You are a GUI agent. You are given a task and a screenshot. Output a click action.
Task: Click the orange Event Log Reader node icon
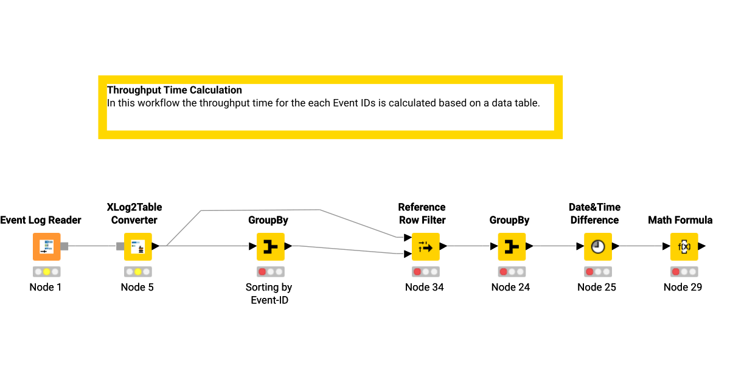(46, 246)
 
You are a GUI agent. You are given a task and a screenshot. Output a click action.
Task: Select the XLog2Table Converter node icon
(137, 246)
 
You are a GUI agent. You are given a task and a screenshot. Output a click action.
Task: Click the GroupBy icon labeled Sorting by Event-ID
(270, 246)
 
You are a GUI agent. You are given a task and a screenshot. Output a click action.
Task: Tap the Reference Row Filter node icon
(425, 246)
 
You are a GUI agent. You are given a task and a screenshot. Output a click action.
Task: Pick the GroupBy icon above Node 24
(512, 246)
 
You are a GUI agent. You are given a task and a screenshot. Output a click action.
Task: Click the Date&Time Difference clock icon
(598, 246)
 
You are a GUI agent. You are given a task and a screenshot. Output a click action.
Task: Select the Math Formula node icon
(684, 246)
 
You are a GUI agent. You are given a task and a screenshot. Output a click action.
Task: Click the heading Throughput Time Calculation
(175, 90)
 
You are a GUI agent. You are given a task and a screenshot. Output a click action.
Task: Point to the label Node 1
(46, 287)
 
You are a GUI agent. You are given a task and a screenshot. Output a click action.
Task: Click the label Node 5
(137, 287)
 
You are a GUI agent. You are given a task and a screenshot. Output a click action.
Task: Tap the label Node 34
(425, 287)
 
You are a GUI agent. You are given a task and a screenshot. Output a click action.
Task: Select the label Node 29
(683, 287)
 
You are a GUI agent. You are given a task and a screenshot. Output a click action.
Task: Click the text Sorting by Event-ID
(269, 293)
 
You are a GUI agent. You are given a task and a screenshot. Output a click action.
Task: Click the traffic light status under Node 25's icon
(597, 272)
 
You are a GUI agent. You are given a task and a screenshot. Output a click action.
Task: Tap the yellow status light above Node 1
(46, 272)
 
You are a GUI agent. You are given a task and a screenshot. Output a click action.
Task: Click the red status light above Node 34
(417, 272)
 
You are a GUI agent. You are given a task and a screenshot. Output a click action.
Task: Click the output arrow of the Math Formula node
(702, 246)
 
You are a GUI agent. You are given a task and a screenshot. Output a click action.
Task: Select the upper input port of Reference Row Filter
(408, 237)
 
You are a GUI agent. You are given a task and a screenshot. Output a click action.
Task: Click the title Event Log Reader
(41, 220)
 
